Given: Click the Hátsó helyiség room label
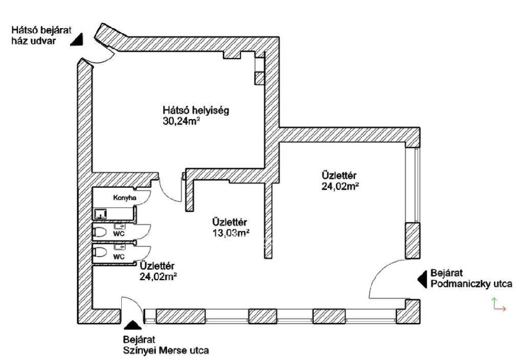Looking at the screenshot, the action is tap(196, 110).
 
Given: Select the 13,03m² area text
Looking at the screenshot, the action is tap(231, 233).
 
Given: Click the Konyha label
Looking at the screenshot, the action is tap(125, 198).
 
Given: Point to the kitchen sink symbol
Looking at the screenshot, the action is tap(100, 213).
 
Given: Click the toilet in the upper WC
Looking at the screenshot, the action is tap(100, 232).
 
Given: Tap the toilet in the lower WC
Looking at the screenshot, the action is tap(100, 252).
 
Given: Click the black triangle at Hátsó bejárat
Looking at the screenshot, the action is tap(77, 40).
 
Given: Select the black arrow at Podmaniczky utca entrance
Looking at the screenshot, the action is tap(422, 279).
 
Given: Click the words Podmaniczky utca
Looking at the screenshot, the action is tap(471, 284).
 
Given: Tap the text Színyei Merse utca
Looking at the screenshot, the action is tap(166, 351).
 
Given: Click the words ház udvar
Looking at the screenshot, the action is tap(33, 41).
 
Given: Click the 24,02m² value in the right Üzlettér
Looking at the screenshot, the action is tap(340, 186).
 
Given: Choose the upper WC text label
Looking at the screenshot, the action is tap(119, 234).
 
